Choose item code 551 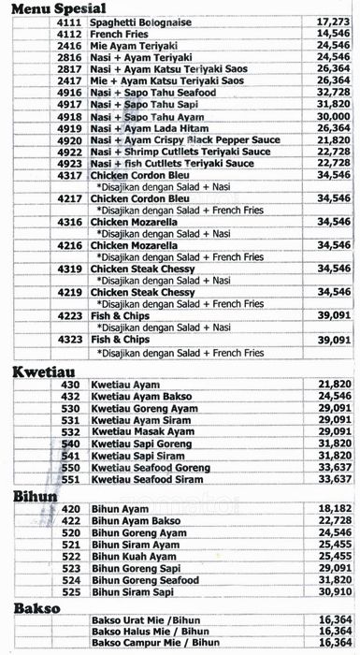tap(70, 479)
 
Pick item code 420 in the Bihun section tap(70, 508)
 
